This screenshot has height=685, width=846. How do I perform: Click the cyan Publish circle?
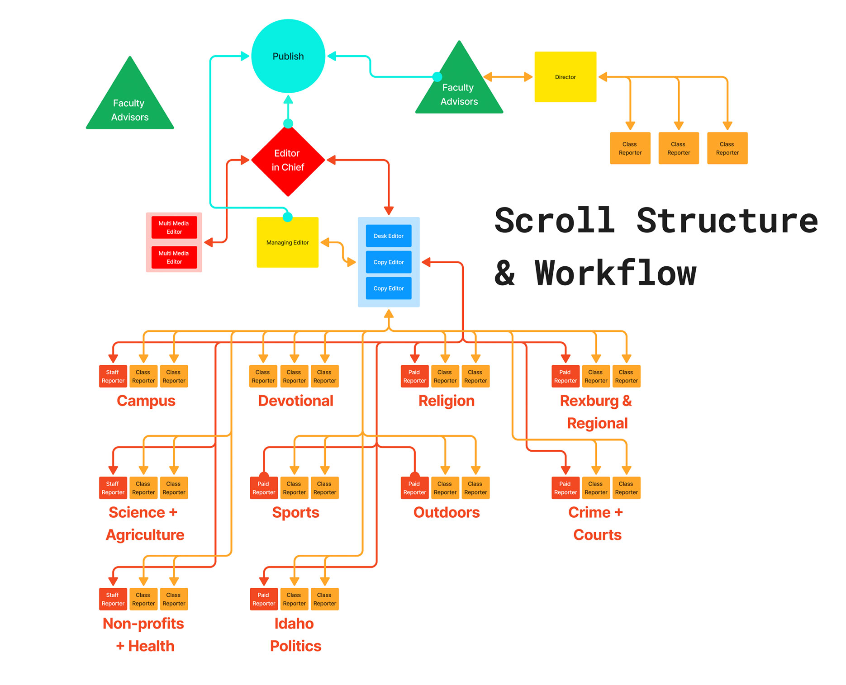tap(288, 56)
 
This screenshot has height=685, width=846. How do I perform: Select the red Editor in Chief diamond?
tap(288, 161)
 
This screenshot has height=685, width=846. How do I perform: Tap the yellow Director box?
tap(565, 77)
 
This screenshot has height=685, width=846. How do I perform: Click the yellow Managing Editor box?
tap(287, 242)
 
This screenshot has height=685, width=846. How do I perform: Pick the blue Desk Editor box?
tap(389, 236)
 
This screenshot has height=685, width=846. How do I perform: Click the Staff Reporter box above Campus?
tap(113, 376)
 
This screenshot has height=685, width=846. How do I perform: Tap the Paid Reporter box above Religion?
tap(414, 376)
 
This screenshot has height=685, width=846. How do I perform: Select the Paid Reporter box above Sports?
tap(264, 488)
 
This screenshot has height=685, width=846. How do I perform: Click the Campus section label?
tap(146, 401)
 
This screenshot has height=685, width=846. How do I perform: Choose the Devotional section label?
tap(295, 401)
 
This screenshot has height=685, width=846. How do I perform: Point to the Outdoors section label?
tap(447, 512)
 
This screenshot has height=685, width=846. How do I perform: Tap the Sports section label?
tap(295, 512)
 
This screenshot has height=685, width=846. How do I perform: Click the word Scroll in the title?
tap(555, 221)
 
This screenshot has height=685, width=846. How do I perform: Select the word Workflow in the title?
tap(615, 274)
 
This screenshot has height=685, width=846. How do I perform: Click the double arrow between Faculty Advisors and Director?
tap(508, 77)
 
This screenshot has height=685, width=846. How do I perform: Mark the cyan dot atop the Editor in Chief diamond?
tap(288, 123)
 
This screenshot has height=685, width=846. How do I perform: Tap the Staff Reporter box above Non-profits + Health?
tap(113, 599)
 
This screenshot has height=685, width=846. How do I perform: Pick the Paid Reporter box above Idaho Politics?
tap(264, 599)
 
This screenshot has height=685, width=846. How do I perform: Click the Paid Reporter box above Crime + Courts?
tap(565, 488)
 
